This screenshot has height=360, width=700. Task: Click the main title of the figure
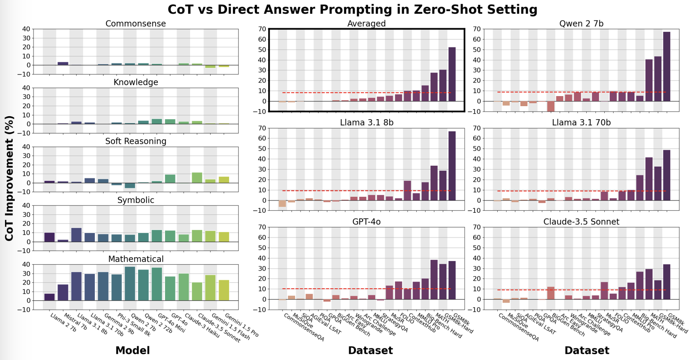[x=352, y=9]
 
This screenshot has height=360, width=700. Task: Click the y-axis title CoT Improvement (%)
[x=9, y=178]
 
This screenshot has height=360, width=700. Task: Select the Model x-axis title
[x=132, y=350]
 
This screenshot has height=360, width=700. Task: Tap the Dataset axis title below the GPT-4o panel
[x=370, y=350]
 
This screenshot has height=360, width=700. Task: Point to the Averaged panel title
[x=366, y=23]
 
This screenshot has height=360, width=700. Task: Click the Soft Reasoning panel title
[x=136, y=141]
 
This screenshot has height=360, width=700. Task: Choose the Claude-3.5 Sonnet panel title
[x=581, y=222]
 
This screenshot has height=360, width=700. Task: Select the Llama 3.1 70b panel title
[x=581, y=123]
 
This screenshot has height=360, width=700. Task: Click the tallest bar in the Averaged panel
[x=452, y=74]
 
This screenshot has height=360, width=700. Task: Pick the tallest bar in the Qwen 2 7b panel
[x=666, y=66]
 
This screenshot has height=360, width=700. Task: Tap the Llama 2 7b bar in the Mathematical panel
[x=50, y=297]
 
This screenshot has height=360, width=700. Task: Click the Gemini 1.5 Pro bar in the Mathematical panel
[x=224, y=290]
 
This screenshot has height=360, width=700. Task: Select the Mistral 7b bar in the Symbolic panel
[x=63, y=240]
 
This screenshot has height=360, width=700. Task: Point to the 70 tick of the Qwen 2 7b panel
[x=478, y=29]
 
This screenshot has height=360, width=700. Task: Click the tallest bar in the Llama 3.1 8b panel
[x=452, y=166]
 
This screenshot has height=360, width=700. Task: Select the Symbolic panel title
[x=136, y=200]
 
